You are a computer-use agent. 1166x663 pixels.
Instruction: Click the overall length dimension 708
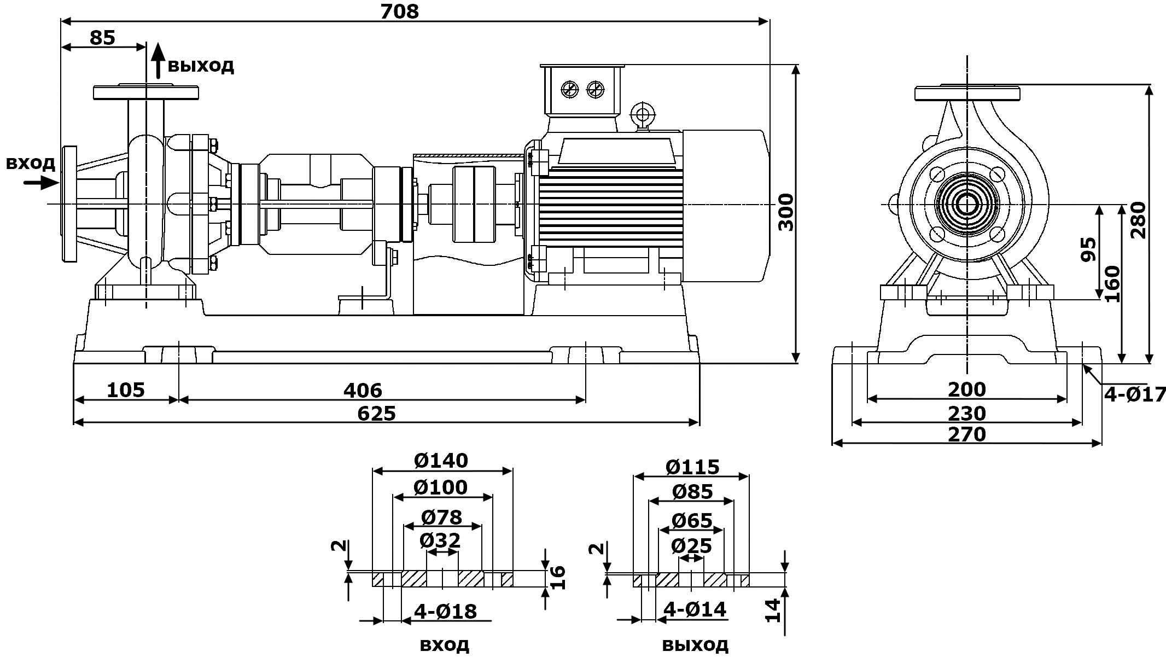(399, 10)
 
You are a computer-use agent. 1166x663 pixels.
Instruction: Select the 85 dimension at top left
(102, 37)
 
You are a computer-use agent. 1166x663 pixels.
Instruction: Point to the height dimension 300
(786, 212)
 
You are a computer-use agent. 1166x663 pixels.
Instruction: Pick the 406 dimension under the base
(363, 390)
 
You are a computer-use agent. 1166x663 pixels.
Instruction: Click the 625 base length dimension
(376, 413)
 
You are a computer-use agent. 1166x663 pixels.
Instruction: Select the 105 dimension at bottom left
(125, 390)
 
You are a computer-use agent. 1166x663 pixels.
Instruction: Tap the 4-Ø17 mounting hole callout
(1134, 394)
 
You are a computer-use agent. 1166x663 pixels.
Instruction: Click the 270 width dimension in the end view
(967, 434)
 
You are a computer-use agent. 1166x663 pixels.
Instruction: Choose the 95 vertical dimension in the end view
(1089, 249)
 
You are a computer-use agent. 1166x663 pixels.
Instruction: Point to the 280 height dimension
(1138, 220)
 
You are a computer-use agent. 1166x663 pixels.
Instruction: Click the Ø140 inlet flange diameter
(441, 461)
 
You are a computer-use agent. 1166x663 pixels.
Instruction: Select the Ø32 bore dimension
(440, 540)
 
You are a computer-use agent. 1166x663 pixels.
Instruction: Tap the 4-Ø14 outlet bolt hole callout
(695, 609)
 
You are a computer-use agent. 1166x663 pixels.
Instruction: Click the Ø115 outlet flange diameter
(692, 467)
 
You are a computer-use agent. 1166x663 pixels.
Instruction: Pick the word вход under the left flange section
(444, 644)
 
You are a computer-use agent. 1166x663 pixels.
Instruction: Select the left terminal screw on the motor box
(570, 89)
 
